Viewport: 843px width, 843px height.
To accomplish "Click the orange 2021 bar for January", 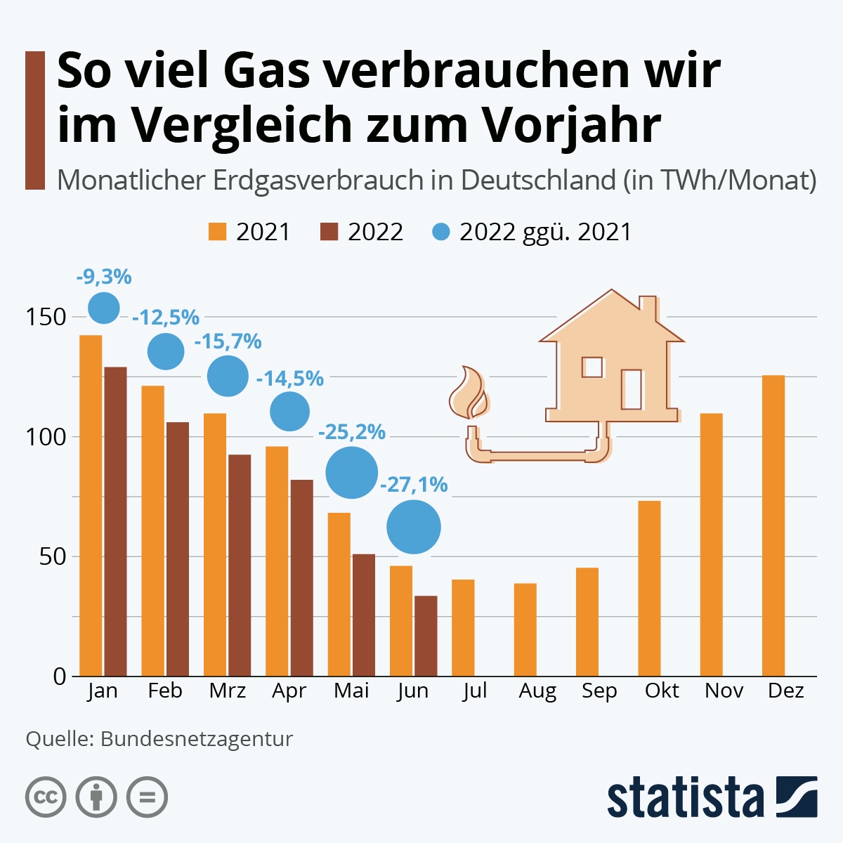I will coord(91,506).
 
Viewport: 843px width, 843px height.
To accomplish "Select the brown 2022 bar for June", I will coord(426,636).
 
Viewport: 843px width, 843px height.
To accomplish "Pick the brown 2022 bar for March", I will coord(240,566).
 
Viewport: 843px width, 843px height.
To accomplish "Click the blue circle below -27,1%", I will coord(414,527).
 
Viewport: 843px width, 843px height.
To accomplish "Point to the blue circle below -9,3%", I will coord(104,307).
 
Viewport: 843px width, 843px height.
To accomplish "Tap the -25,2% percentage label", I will coord(352,432).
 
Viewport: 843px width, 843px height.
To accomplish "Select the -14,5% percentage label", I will coord(290,379).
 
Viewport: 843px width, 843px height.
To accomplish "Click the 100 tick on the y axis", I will coord(46,436).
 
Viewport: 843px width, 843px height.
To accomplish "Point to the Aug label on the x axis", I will coord(537,691).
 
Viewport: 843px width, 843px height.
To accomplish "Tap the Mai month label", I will coord(351,691).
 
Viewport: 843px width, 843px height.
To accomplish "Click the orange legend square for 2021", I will coord(218,232).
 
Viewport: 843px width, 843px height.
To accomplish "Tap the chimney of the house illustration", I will coord(648,309).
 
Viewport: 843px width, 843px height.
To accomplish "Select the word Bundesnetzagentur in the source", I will coord(196,739).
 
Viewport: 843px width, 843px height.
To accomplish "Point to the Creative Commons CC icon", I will coord(46,797).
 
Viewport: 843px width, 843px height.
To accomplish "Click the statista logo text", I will coord(685,797).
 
